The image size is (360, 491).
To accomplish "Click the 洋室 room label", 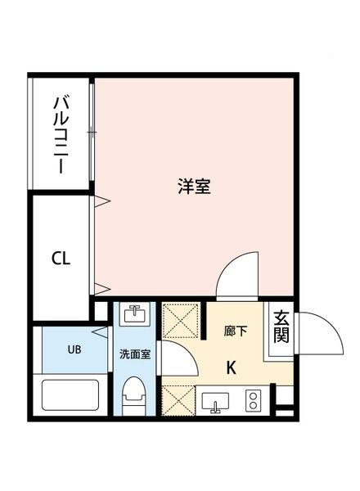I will pyautogui.click(x=195, y=186).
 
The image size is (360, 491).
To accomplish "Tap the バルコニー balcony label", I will pyautogui.click(x=60, y=133).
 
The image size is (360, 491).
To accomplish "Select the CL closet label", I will pyautogui.click(x=61, y=259).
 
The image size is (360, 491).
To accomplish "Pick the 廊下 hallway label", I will pyautogui.click(x=236, y=331).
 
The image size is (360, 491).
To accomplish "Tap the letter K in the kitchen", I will pyautogui.click(x=232, y=367).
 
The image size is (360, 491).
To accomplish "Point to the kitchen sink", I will pyautogui.click(x=217, y=402).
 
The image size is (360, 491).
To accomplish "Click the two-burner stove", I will pyautogui.click(x=254, y=401).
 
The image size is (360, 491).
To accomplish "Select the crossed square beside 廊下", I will pyautogui.click(x=180, y=320).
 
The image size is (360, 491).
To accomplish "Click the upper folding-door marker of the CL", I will pyautogui.click(x=101, y=201).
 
